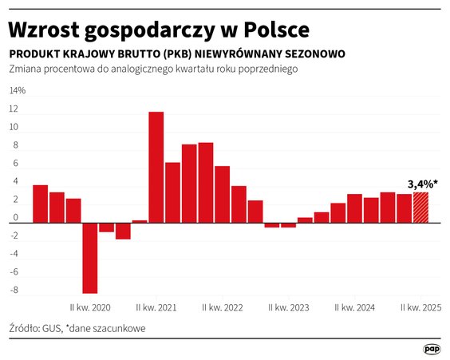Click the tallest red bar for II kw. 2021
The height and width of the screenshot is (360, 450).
click(x=156, y=167)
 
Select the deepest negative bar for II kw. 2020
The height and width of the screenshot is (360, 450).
click(x=90, y=258)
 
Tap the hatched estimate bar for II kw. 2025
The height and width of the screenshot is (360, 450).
click(x=420, y=208)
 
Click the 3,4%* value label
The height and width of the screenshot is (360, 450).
click(x=422, y=184)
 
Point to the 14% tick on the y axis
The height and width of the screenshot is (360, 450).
click(x=17, y=91)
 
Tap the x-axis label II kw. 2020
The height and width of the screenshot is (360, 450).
click(x=90, y=307)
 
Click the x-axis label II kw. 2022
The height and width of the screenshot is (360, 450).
click(x=223, y=307)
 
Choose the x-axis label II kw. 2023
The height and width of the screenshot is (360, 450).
click(x=289, y=307)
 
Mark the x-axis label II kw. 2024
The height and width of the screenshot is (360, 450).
click(x=354, y=307)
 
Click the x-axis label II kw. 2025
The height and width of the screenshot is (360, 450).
click(x=420, y=307)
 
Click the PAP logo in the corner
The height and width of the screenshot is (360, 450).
click(x=432, y=349)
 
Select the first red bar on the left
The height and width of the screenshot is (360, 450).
click(x=40, y=204)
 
